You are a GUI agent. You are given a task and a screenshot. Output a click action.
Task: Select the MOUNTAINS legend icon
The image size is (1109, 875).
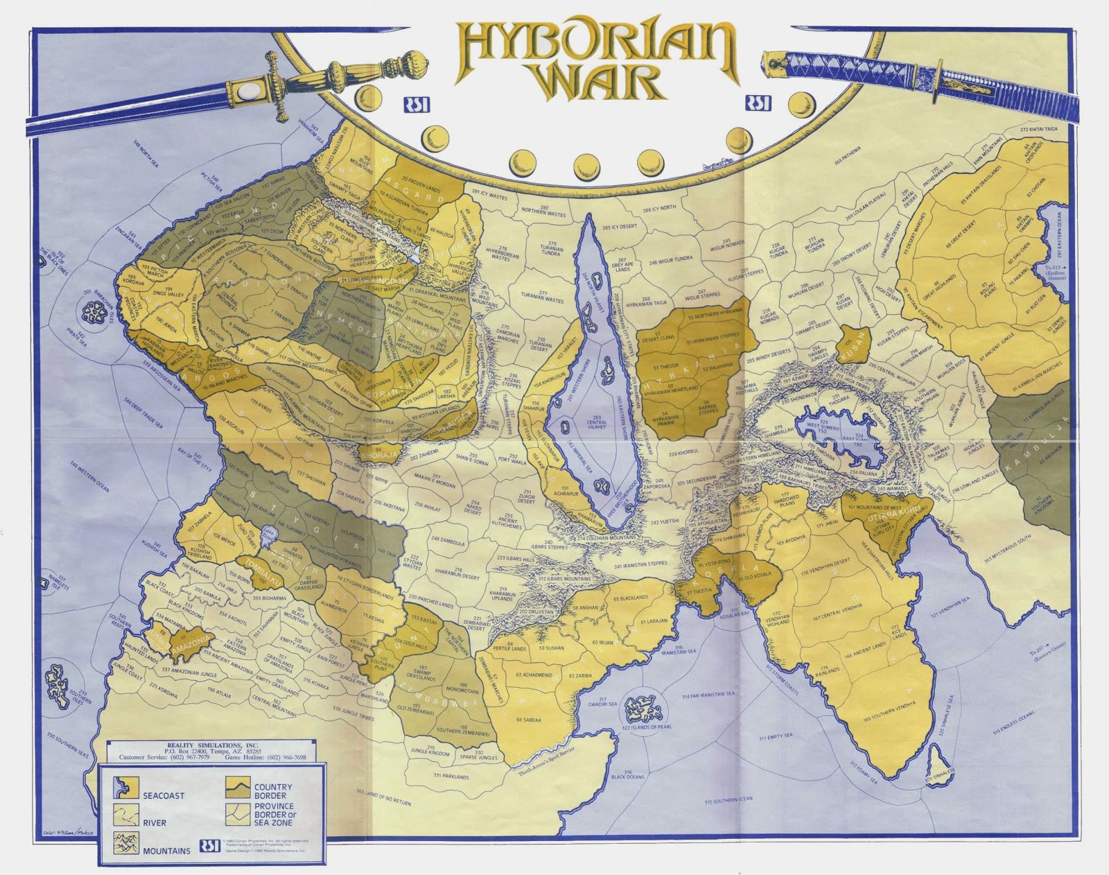coord(127,843)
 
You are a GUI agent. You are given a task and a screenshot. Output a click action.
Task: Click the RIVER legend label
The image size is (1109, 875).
coord(155,823)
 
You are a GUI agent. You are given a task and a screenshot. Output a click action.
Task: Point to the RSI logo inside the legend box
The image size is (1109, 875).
coord(209,847)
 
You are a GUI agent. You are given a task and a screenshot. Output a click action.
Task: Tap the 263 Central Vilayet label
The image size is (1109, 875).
coord(597,424)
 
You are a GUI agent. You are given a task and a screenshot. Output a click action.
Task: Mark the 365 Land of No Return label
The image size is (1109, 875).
coord(383,797)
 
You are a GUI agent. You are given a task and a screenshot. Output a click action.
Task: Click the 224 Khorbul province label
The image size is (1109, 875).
coord(684,453)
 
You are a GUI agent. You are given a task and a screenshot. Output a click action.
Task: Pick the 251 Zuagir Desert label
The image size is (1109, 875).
coord(527,496)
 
